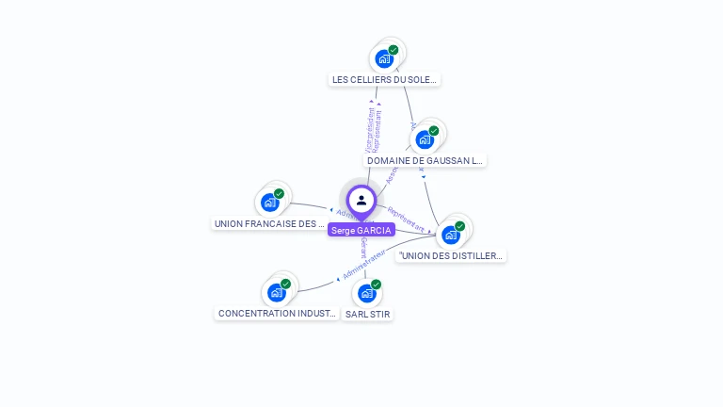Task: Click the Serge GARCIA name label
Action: coord(361,230)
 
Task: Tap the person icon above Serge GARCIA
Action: coord(361,200)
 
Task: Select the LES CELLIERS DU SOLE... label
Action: coord(385,80)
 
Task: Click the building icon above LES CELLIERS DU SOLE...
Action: coord(384,58)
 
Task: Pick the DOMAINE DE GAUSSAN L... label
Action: coord(425,161)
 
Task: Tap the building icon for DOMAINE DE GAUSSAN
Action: coord(425,139)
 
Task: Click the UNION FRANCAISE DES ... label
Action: coord(269,224)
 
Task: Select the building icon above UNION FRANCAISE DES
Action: coord(270,202)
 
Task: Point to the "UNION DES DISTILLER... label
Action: coord(451,255)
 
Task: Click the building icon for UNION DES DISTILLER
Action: coord(451,234)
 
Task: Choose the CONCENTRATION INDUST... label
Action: coord(277,314)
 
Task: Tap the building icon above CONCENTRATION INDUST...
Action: coord(277,292)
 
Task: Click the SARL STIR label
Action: coord(367,314)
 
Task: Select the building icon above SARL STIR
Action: coord(367,292)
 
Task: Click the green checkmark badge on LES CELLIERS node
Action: coord(394,50)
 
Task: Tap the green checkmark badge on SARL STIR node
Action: coord(377,284)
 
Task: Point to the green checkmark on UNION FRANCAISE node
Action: coord(280,193)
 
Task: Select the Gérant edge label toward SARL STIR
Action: coord(362,248)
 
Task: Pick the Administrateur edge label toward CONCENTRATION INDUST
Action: coord(364,264)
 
